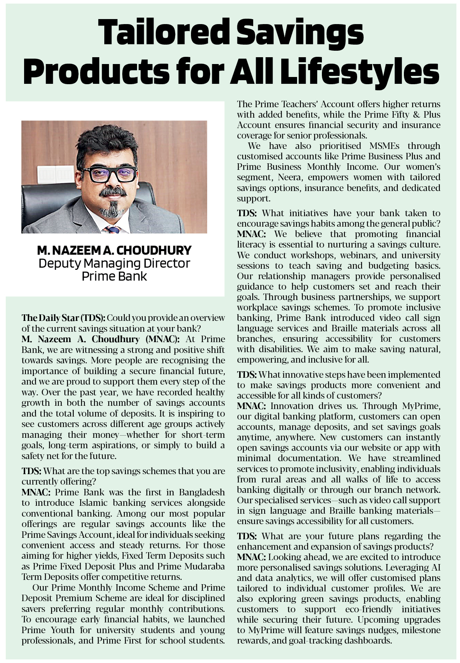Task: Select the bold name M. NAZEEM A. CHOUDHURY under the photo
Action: (x=114, y=250)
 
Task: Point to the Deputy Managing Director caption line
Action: (x=114, y=263)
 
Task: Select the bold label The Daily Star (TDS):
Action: (x=64, y=318)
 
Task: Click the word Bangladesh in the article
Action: (x=202, y=492)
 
